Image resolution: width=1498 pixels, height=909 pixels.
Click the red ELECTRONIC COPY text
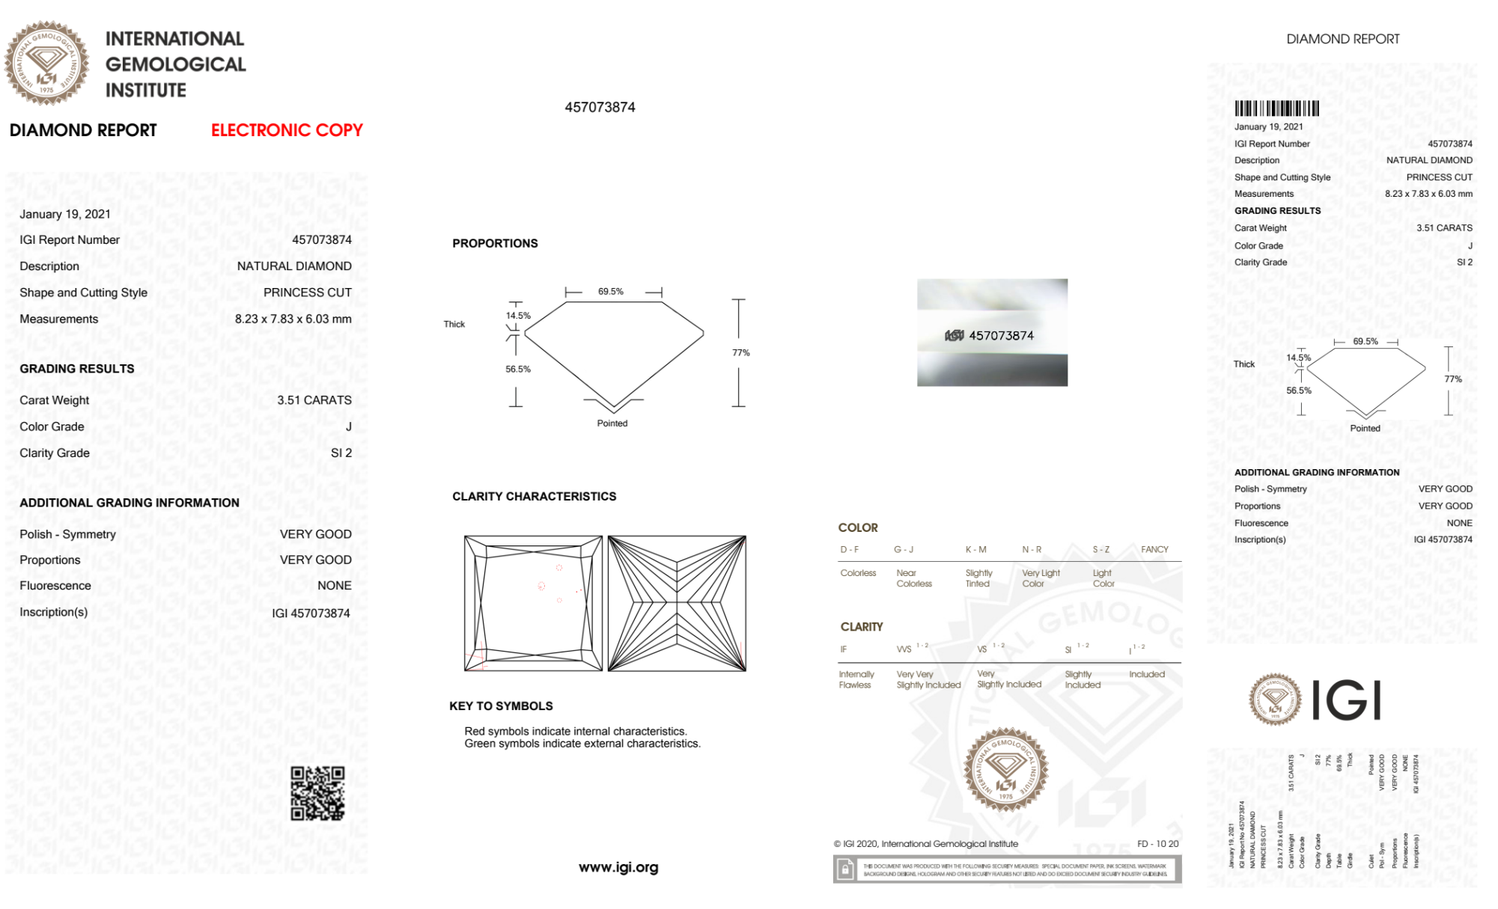287,130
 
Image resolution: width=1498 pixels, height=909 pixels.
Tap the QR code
317,793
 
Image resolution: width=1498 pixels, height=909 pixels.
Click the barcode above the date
1276,108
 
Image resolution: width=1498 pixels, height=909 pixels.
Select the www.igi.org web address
618,868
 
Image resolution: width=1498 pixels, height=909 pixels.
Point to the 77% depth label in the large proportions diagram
740,353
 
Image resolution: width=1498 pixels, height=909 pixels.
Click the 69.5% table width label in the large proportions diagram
610,292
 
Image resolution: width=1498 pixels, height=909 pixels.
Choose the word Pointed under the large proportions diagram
612,423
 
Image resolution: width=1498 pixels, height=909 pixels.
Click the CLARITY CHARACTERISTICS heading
534,497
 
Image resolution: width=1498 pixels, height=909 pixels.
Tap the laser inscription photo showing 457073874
992,333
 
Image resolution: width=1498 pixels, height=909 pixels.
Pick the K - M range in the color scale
975,550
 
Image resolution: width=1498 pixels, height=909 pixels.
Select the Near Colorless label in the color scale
914,578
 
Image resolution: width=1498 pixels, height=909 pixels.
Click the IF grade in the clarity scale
844,649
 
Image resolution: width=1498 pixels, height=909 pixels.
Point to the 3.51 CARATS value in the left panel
314,400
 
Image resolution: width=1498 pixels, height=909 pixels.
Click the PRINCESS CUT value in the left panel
307,293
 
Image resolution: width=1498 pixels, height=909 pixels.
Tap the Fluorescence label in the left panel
55,586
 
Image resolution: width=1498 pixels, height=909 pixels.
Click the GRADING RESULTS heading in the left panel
77,369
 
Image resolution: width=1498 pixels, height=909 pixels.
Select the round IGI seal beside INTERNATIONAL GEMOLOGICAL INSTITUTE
46,63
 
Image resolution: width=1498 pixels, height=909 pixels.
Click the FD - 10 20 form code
1157,844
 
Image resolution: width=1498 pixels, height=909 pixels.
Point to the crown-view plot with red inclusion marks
533,603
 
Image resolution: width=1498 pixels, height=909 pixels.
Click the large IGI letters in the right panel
1347,701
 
